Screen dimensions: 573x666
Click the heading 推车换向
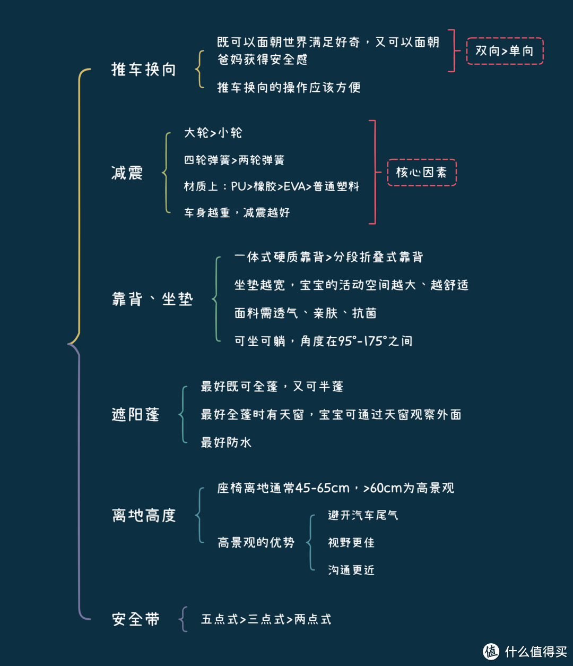(x=144, y=69)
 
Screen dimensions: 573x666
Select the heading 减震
(x=127, y=173)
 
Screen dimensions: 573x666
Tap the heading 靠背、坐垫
(x=152, y=299)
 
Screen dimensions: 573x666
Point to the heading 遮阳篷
(x=135, y=414)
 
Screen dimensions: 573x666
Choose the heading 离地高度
(x=144, y=515)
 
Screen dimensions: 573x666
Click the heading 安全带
(x=135, y=619)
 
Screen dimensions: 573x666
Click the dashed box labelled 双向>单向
(x=505, y=51)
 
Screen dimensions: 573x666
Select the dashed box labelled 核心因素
(x=422, y=173)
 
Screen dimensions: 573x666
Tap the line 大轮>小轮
(x=213, y=133)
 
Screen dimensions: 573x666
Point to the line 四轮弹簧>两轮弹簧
(x=235, y=160)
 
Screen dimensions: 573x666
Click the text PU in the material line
(x=238, y=186)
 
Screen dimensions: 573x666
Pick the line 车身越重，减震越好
(x=237, y=212)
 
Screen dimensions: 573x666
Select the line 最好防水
(x=226, y=442)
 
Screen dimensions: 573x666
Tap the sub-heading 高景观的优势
(x=256, y=543)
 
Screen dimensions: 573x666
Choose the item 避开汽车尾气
(x=363, y=515)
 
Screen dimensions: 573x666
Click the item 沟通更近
(x=351, y=570)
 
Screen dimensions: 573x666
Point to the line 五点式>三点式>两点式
(x=266, y=619)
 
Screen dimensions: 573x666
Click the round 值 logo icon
(x=491, y=651)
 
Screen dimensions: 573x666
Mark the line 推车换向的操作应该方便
(x=289, y=87)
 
